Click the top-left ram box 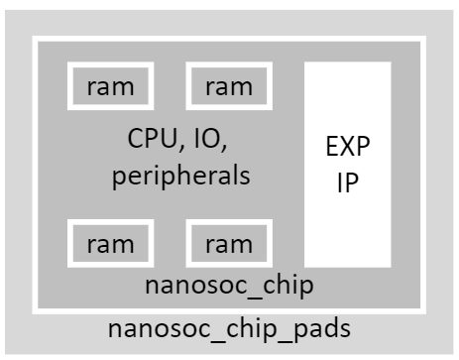[x=109, y=86]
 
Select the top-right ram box [x=228, y=86]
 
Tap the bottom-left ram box [x=109, y=243]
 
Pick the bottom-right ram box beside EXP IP [x=228, y=243]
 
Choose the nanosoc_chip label [x=229, y=286]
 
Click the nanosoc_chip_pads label [x=229, y=328]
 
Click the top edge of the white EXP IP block [x=347, y=63]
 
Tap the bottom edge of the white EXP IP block [x=347, y=266]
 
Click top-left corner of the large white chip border [x=35, y=40]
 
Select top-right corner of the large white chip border [x=423, y=40]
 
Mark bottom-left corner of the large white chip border [x=35, y=310]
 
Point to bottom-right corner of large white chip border [x=423, y=310]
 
